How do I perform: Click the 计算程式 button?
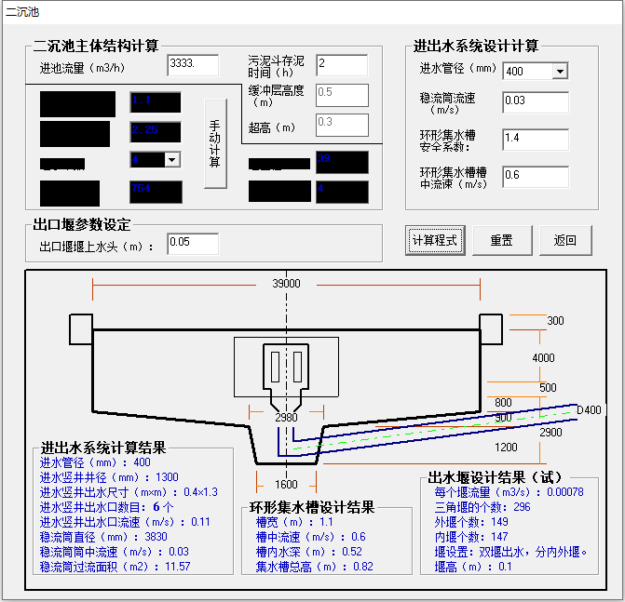[435, 240]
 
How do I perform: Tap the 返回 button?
[565, 240]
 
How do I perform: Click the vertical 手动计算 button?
[215, 143]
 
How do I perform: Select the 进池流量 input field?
[193, 65]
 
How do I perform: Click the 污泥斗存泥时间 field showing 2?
[342, 65]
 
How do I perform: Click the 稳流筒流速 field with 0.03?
[535, 100]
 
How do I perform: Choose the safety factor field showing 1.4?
[535, 139]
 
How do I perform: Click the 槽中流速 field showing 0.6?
[535, 176]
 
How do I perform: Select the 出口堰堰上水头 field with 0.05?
[193, 244]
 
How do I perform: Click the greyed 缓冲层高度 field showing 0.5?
[342, 94]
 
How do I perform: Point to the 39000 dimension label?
[286, 284]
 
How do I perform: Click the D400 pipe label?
[589, 410]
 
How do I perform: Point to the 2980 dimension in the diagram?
[286, 418]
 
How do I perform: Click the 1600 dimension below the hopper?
[286, 484]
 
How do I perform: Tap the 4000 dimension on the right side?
[543, 358]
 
